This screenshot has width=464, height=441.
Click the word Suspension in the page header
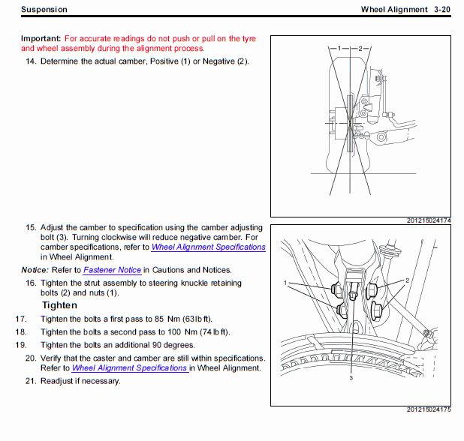pos(44,10)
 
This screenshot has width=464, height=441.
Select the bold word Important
pos(41,37)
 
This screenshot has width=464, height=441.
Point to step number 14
pos(31,61)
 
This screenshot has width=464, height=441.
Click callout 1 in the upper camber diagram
pos(339,48)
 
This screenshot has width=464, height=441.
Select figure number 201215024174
pos(429,220)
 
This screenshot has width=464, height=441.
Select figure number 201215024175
pos(429,430)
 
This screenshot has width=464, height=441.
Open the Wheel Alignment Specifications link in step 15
pos(208,247)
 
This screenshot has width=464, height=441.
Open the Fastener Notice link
pos(112,269)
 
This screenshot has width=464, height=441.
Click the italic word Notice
pos(35,269)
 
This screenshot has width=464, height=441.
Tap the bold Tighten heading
pos(59,305)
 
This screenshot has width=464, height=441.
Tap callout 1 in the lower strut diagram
pos(287,283)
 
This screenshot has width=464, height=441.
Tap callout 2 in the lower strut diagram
pos(407,280)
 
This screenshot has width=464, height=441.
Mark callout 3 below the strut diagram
pos(350,379)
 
